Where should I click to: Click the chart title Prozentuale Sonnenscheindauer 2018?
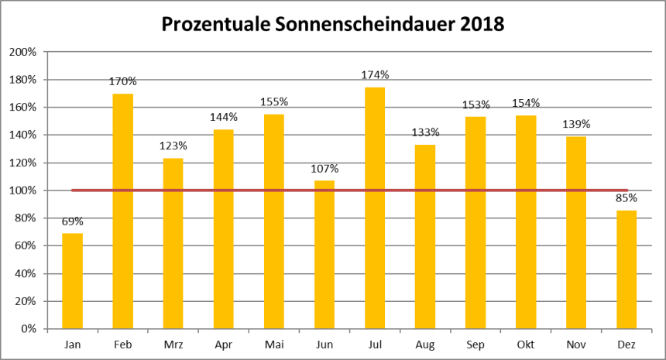[x=332, y=24]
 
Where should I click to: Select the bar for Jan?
[x=73, y=280]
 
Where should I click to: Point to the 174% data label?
[x=375, y=75]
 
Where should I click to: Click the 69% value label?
[x=73, y=221]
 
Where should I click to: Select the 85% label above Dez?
[x=627, y=198]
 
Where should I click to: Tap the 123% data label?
[x=173, y=146]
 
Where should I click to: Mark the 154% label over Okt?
[x=526, y=103]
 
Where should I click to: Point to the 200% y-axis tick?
[x=22, y=52]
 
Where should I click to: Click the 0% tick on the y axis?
[x=28, y=328]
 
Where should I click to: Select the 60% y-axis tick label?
[x=25, y=245]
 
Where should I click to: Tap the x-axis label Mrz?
[x=173, y=343]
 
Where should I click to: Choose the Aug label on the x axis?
[x=425, y=343]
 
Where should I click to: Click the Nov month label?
[x=576, y=343]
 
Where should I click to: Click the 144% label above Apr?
[x=224, y=117]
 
